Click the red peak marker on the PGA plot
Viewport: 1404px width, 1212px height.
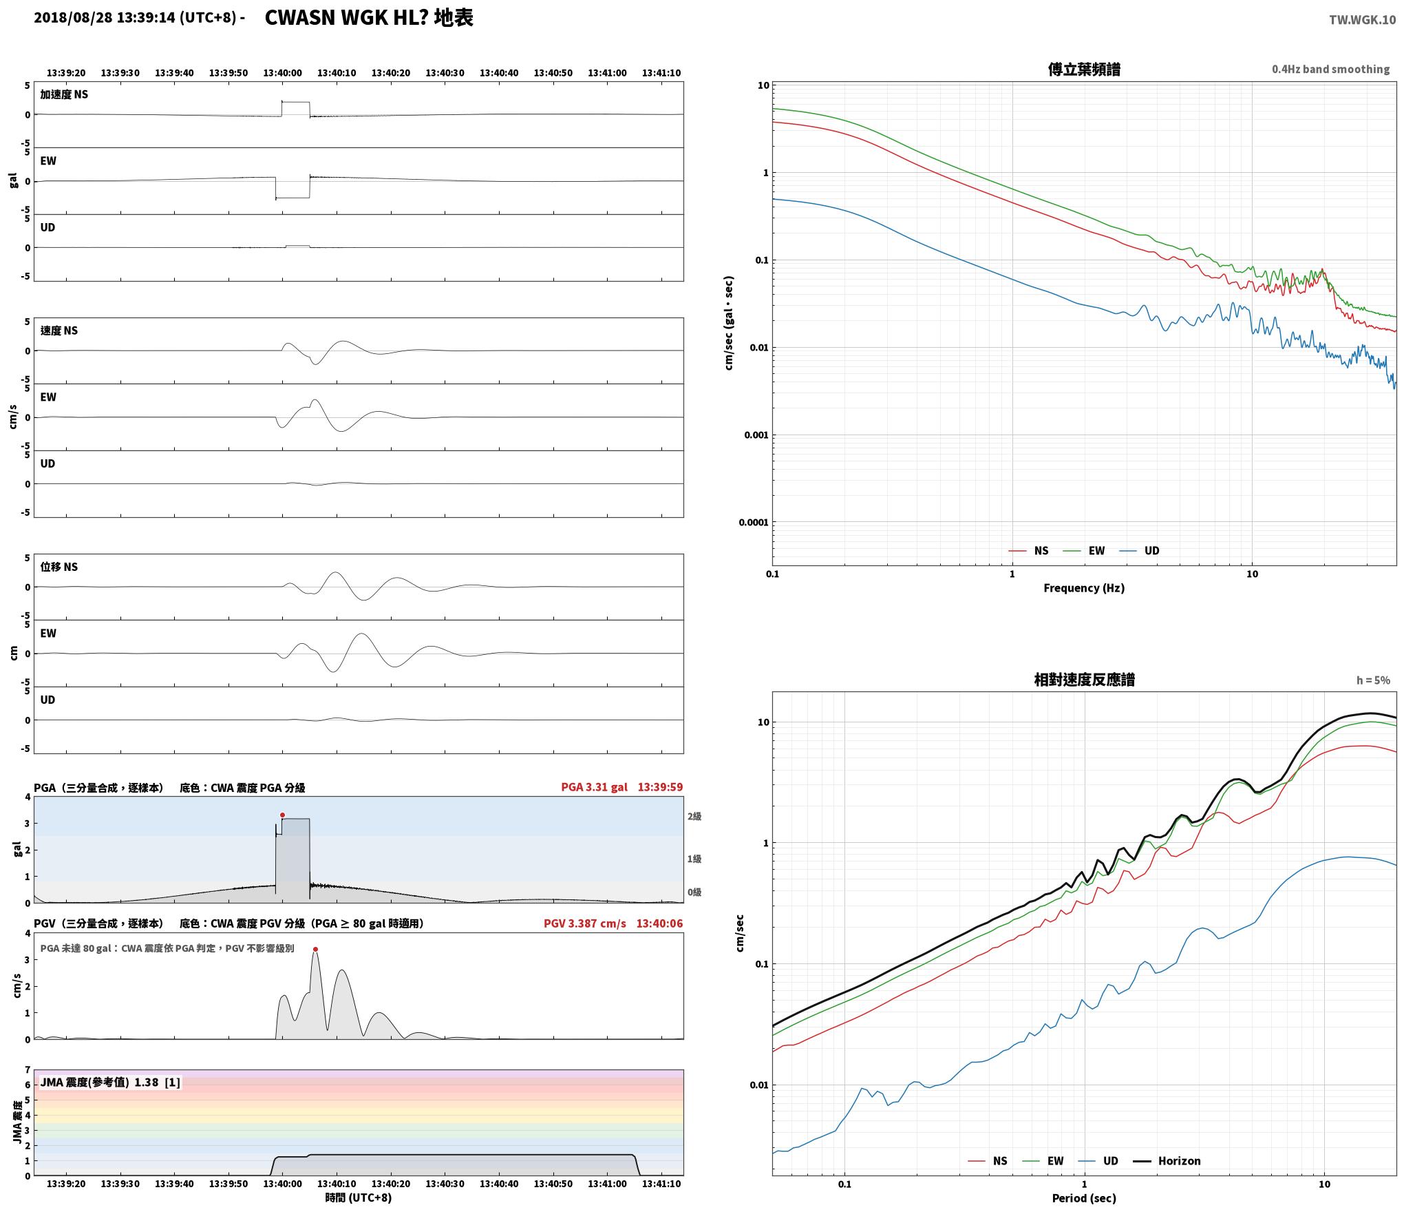pos(282,815)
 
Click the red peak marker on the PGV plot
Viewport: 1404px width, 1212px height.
pos(315,950)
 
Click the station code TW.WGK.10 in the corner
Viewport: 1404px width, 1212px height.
pos(1363,20)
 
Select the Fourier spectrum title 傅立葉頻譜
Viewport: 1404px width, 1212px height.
pos(1084,70)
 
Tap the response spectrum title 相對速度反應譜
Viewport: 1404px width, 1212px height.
pos(1084,680)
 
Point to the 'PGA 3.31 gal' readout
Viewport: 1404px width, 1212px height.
pos(595,787)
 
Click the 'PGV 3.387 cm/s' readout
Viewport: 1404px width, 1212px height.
pos(585,923)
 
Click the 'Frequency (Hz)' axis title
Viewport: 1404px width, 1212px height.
pos(1084,588)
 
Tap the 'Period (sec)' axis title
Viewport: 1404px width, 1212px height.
pos(1084,1199)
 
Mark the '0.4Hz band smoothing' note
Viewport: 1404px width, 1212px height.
pos(1330,70)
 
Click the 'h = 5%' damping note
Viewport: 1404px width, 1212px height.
pos(1373,680)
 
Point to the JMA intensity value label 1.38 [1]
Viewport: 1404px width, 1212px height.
pos(158,1083)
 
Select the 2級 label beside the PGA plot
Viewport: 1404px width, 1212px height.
pos(694,817)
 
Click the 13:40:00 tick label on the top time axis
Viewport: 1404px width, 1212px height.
pos(282,73)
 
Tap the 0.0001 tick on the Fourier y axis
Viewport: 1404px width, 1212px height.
pos(754,523)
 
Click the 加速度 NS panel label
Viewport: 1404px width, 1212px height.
pos(64,94)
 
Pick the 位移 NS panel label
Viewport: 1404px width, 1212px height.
pos(59,567)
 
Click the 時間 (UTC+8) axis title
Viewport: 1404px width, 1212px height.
pos(359,1198)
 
